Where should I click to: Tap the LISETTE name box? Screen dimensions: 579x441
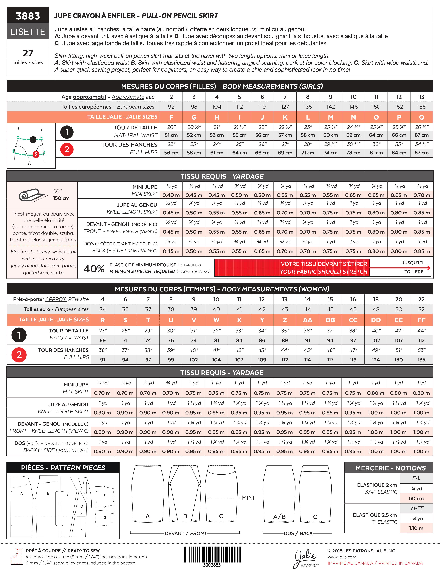pyautogui.click(x=28, y=32)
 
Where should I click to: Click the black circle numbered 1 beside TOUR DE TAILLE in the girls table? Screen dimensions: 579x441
pyautogui.click(x=67, y=132)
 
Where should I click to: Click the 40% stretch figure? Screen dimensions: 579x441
pyautogui.click(x=94, y=268)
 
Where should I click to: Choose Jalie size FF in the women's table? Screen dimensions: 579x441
pyautogui.click(x=421, y=320)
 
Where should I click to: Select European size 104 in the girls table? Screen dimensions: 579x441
pyautogui.click(x=217, y=107)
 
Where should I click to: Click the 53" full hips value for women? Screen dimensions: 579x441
pyautogui.click(x=421, y=350)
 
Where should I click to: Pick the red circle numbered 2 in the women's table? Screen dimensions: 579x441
pyautogui.click(x=19, y=355)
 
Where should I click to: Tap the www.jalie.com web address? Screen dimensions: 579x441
pyautogui.click(x=342, y=557)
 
